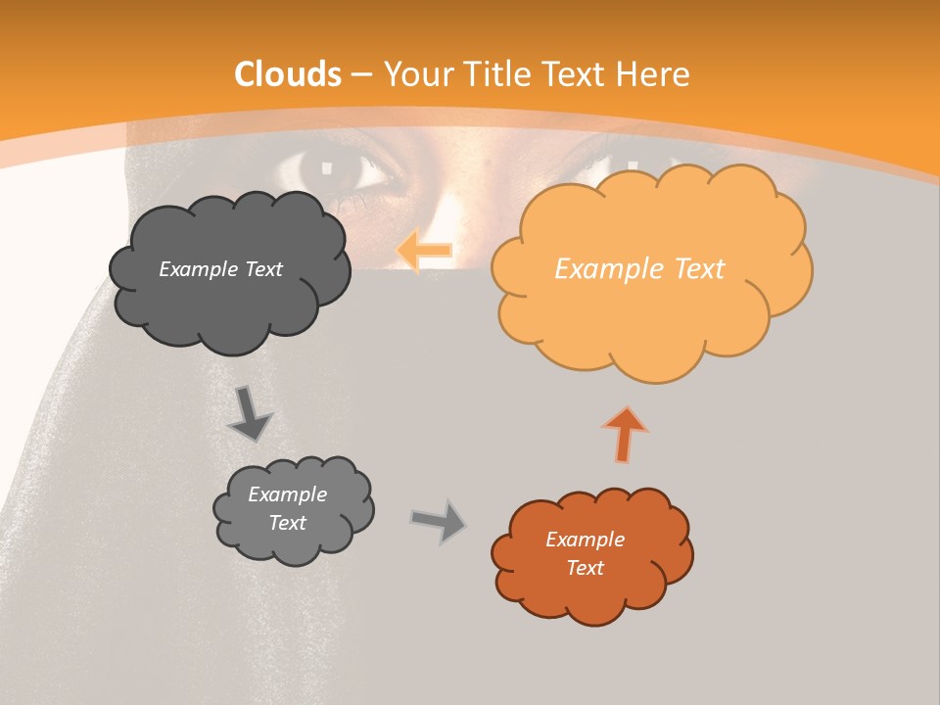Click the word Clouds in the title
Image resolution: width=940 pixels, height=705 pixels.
point(288,74)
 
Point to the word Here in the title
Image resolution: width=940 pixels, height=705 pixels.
point(652,74)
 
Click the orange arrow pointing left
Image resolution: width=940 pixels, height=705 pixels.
point(425,251)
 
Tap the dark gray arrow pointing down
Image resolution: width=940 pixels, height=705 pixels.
point(251,414)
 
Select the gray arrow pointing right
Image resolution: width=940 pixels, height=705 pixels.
point(439,520)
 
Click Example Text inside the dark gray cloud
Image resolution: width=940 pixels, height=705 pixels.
point(220,269)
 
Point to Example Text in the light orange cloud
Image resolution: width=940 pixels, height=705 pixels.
point(639,269)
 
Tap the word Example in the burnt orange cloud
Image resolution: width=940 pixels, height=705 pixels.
point(585,540)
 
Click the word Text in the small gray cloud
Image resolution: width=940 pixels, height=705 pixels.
point(287,523)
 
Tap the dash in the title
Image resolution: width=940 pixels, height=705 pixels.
point(361,74)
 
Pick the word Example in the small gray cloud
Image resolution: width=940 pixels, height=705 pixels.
point(287,494)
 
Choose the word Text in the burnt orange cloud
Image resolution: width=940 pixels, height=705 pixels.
point(585,568)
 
